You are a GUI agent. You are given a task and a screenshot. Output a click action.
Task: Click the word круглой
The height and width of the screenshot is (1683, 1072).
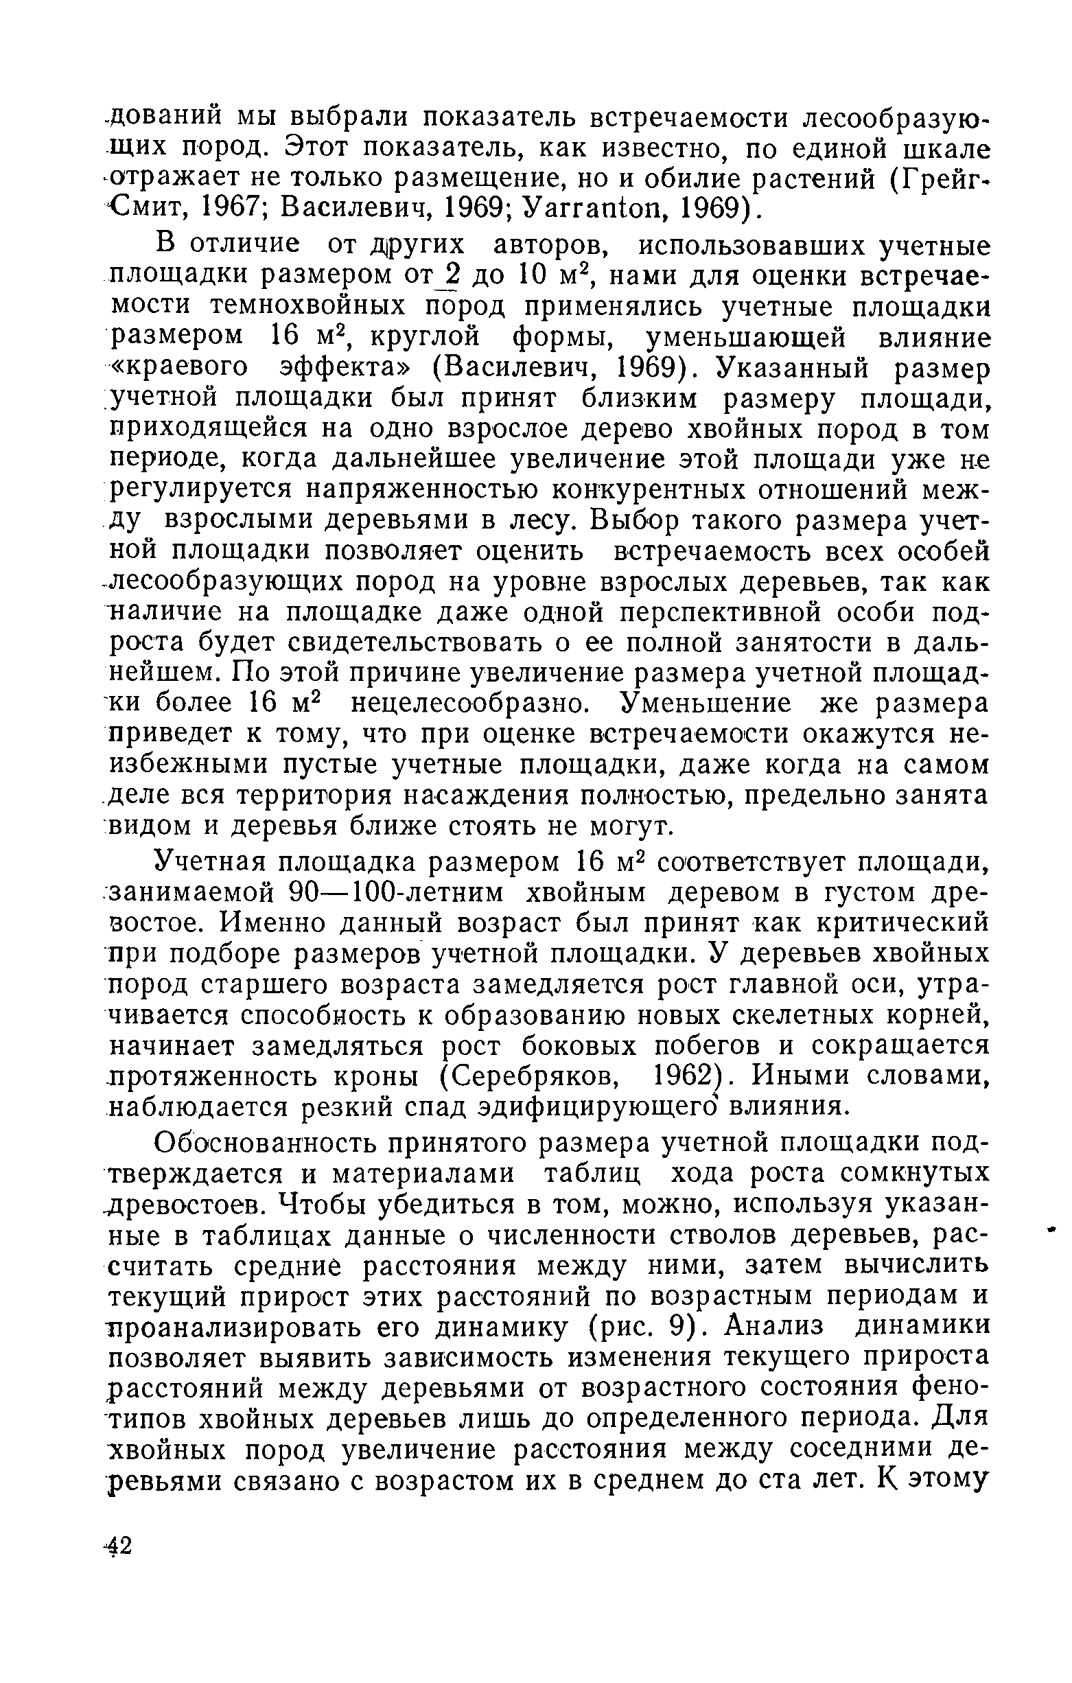[426, 337]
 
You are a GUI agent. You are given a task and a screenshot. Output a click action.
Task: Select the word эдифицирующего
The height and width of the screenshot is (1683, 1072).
[590, 1107]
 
